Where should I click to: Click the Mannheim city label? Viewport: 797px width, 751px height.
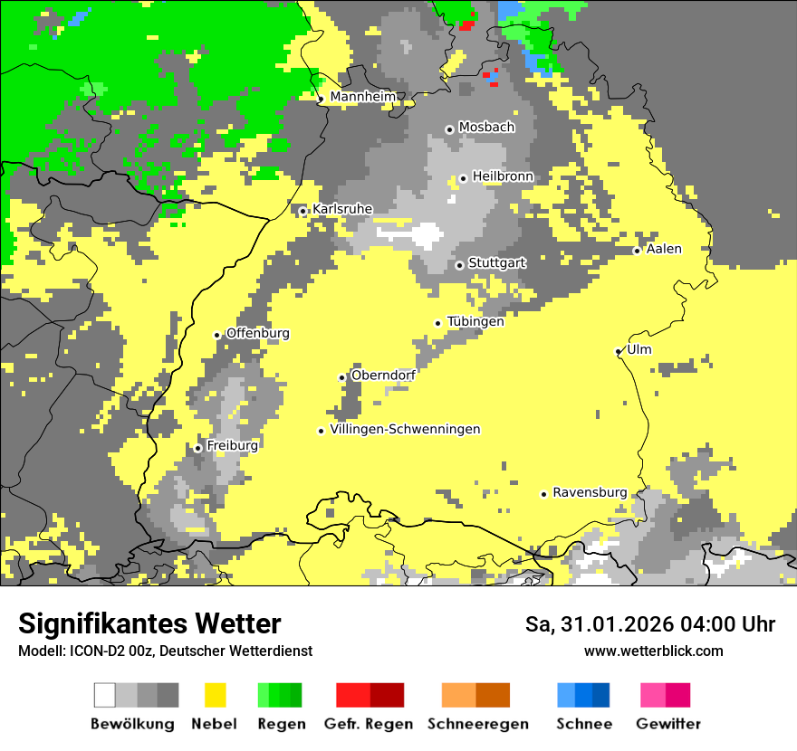pos(363,97)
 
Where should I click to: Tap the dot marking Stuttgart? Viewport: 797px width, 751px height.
pos(460,265)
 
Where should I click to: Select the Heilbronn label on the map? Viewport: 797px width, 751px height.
pos(503,176)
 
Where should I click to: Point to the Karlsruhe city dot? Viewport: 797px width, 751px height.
pos(303,212)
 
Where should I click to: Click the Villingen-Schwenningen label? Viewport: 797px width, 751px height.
pos(405,430)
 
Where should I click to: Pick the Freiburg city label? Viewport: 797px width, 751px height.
pos(232,446)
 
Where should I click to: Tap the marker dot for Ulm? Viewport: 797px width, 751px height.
pos(619,352)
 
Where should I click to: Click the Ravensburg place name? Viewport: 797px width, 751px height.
pos(590,493)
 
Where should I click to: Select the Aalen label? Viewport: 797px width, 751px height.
pos(664,249)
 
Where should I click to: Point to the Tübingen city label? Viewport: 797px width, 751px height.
pos(475,321)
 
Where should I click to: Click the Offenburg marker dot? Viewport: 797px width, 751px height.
pos(217,335)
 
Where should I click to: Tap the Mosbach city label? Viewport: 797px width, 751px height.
pos(486,128)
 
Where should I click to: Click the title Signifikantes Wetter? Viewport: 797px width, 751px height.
pos(149,623)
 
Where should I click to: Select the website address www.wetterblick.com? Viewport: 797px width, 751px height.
pos(653,651)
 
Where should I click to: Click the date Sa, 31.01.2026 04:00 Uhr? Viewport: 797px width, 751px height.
pos(650,624)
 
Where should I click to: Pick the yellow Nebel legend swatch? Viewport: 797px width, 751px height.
pos(215,695)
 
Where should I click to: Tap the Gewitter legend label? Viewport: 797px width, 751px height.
pos(668,724)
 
